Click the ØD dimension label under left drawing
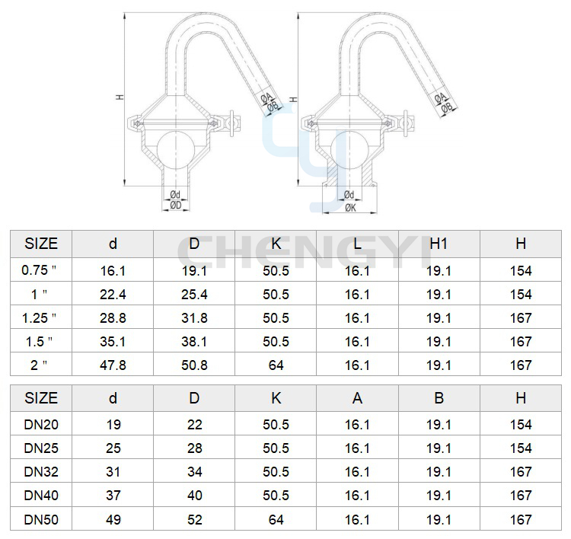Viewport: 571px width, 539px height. (x=176, y=206)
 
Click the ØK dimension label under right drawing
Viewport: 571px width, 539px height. (x=350, y=208)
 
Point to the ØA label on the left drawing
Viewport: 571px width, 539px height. (x=266, y=97)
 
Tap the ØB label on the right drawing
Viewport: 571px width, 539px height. (x=447, y=107)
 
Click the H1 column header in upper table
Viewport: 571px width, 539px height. (x=439, y=244)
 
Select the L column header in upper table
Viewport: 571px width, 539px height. (x=357, y=244)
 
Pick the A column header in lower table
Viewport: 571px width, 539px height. (x=357, y=398)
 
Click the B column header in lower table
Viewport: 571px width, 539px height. (x=439, y=398)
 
